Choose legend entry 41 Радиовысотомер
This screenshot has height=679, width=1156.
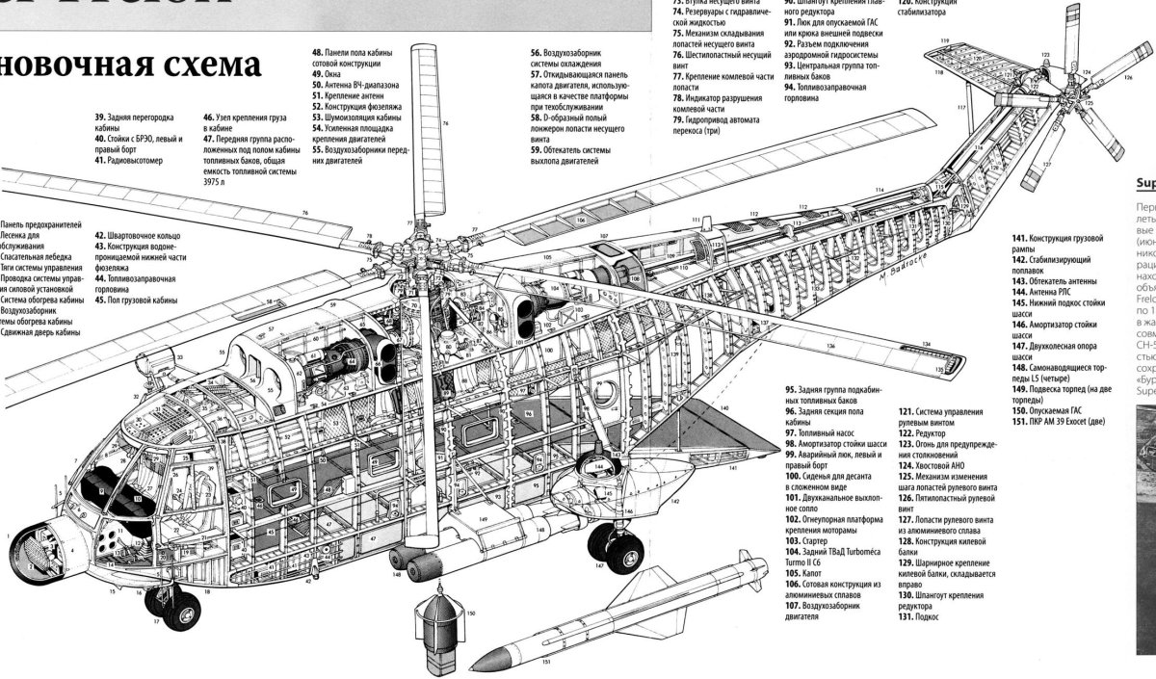coord(130,161)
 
